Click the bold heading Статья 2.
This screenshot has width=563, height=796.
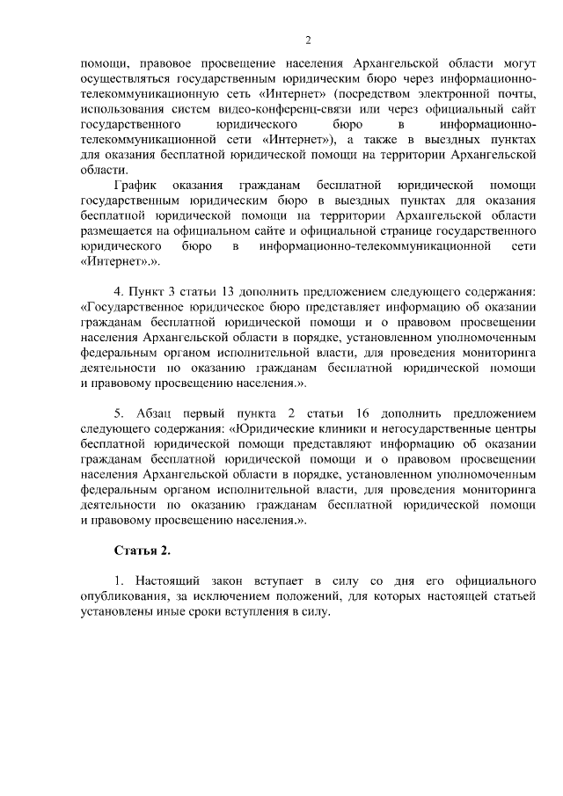point(142,551)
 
